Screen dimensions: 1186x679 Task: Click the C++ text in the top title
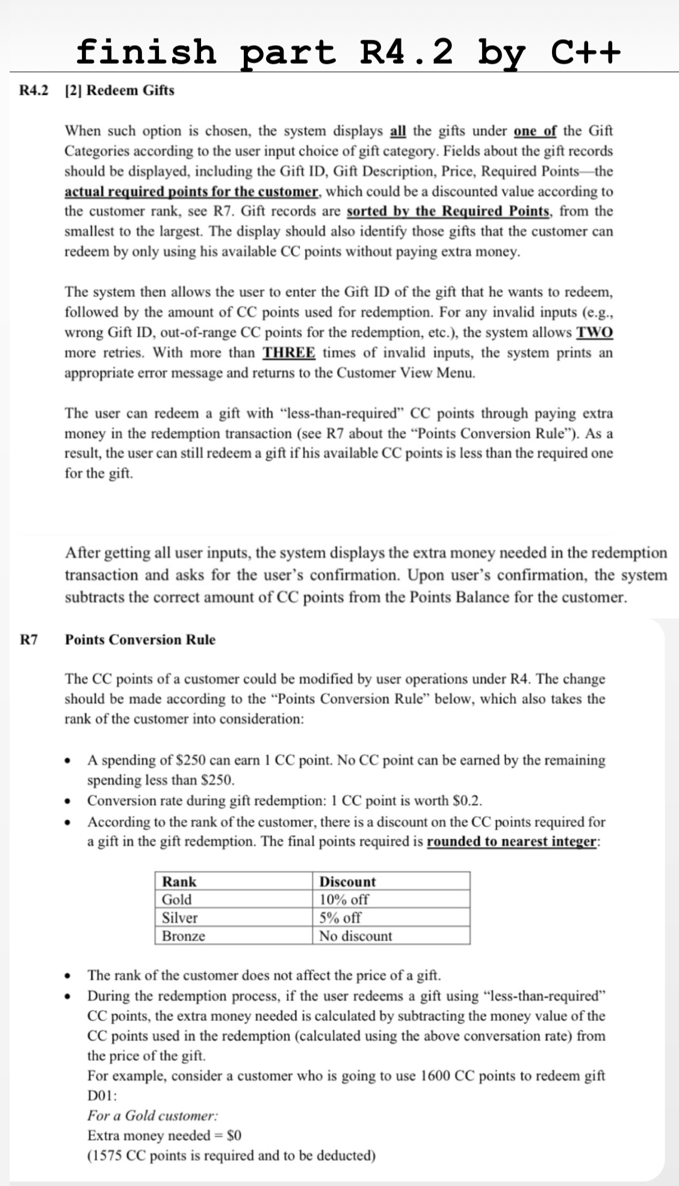pyautogui.click(x=584, y=51)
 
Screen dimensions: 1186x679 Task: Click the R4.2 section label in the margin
pyautogui.click(x=34, y=90)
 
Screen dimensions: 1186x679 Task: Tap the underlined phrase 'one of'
pyautogui.click(x=535, y=131)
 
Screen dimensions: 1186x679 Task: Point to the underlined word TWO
pyautogui.click(x=595, y=332)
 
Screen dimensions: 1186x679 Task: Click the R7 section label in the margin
pyautogui.click(x=28, y=639)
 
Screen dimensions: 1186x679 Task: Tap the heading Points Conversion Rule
pyautogui.click(x=140, y=639)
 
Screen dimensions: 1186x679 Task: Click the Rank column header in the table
pyautogui.click(x=179, y=881)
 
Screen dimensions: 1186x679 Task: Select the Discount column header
pyautogui.click(x=347, y=881)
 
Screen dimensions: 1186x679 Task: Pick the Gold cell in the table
pyautogui.click(x=177, y=899)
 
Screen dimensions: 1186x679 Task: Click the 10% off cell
pyautogui.click(x=344, y=899)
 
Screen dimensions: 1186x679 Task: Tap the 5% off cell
pyautogui.click(x=340, y=917)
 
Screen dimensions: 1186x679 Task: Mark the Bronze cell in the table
pyautogui.click(x=184, y=936)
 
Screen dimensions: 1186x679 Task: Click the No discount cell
pyautogui.click(x=355, y=936)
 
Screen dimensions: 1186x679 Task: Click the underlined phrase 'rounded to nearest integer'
pyautogui.click(x=512, y=841)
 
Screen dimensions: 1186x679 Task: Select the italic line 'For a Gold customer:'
pyautogui.click(x=153, y=1116)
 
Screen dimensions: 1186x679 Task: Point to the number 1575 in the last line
pyautogui.click(x=106, y=1155)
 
